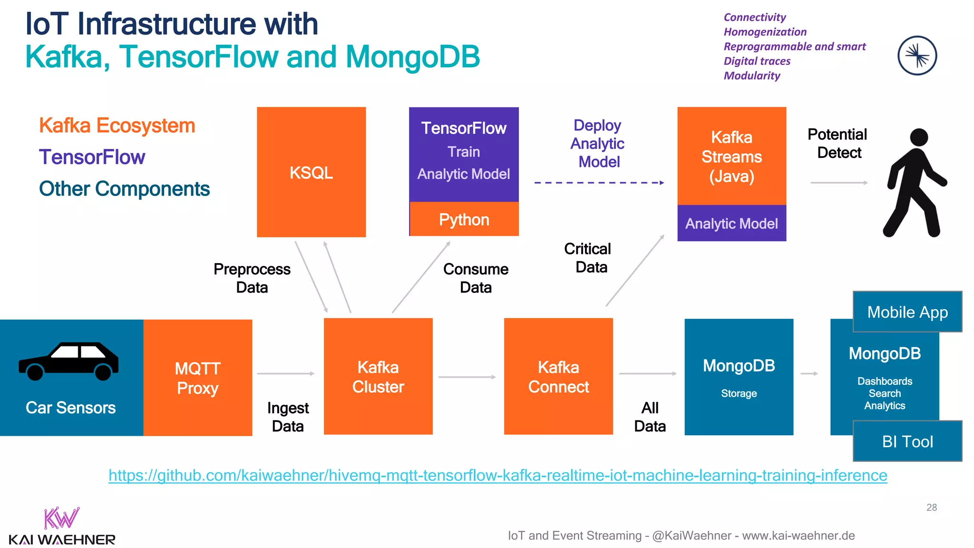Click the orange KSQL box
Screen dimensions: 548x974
[311, 172]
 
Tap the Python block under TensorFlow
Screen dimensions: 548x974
[464, 219]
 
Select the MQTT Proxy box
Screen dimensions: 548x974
[197, 378]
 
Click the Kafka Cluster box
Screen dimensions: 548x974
[378, 376]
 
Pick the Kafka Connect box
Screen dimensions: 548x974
[558, 376]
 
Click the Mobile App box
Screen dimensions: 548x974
[907, 312]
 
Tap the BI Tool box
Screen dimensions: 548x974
[907, 441]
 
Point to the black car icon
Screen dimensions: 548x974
[69, 362]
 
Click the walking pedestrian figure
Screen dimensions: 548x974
[914, 183]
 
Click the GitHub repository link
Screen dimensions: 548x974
[497, 475]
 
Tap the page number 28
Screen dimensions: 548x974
[931, 508]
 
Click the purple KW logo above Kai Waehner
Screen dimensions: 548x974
[61, 518]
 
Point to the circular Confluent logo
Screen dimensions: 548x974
[917, 56]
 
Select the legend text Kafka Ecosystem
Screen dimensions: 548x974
[117, 126]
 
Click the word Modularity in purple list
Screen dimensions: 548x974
[751, 76]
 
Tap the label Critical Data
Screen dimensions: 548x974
[588, 258]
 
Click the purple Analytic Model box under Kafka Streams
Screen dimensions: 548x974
[731, 224]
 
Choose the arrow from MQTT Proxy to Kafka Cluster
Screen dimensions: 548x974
[286, 374]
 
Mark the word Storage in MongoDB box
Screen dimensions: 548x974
[739, 393]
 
